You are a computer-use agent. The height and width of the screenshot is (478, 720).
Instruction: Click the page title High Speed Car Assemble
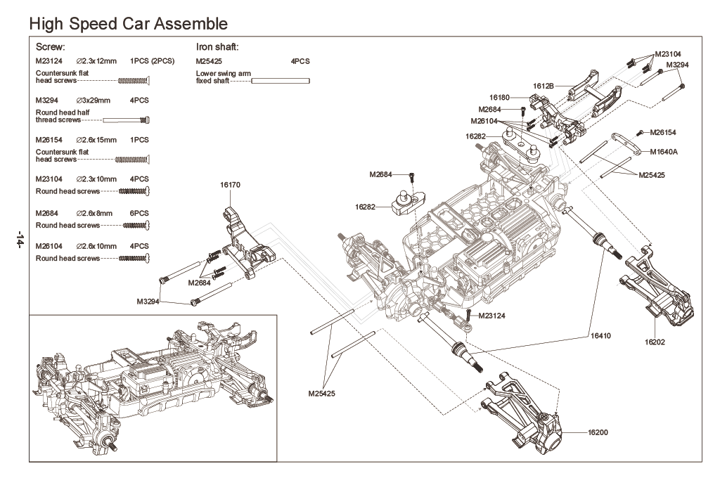tap(128, 23)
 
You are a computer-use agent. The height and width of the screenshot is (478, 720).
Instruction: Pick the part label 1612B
tap(544, 85)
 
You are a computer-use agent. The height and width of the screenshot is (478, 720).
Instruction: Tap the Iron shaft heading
tap(217, 47)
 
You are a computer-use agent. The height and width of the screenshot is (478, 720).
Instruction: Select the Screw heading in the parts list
tap(50, 47)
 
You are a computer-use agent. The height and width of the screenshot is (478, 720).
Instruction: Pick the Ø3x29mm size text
tap(93, 101)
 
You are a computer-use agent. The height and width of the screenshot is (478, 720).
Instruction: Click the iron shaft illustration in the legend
tap(281, 81)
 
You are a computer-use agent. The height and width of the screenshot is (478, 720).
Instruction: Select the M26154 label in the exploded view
tap(664, 132)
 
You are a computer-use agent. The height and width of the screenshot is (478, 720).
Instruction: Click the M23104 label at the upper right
tap(667, 53)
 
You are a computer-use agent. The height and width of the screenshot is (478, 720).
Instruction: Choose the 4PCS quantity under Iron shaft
tap(300, 61)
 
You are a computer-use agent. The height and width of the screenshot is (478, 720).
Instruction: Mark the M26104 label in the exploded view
tap(485, 120)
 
